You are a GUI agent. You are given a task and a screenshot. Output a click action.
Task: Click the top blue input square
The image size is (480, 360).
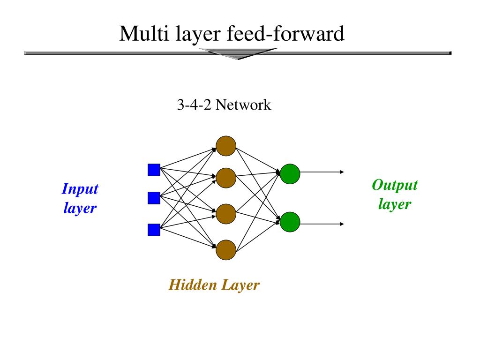tap(154, 170)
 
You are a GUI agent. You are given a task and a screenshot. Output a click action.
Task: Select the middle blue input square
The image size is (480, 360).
tap(154, 198)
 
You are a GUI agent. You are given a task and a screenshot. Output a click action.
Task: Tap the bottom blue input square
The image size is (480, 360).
tap(154, 230)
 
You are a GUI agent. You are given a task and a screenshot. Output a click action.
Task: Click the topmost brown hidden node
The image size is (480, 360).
tap(226, 146)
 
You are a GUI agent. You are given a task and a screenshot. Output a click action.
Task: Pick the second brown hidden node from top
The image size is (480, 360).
tap(226, 178)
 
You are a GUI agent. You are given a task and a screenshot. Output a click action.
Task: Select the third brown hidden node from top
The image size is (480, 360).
tap(226, 214)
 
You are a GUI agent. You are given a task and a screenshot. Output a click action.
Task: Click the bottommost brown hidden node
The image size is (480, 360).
tap(226, 250)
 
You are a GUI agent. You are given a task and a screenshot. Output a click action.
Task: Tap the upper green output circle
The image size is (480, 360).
tap(290, 174)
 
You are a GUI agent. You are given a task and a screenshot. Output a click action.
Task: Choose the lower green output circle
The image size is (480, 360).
tap(290, 222)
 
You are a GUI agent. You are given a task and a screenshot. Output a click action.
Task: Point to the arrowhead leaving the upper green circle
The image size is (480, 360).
tap(342, 172)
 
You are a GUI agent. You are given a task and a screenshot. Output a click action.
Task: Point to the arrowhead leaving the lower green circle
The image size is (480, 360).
tap(342, 224)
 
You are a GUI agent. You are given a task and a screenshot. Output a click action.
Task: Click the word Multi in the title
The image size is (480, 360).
tap(144, 33)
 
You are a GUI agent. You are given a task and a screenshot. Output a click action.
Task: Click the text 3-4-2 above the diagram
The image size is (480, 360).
tap(194, 105)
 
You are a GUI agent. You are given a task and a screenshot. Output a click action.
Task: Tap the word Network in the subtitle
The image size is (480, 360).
tap(243, 105)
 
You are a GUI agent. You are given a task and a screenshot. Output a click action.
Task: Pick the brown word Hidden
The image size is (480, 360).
tap(193, 285)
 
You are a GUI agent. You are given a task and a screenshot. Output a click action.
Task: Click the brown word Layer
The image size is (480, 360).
tap(240, 285)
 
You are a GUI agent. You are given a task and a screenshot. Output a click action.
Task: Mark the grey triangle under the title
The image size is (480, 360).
tap(238, 53)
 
